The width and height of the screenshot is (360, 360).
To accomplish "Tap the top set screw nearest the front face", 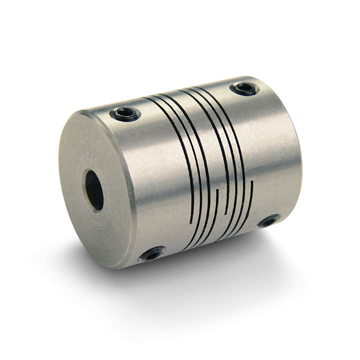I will (125, 115).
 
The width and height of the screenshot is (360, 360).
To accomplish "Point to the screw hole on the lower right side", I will (268, 221).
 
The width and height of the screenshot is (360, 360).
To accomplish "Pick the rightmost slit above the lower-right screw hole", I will (251, 197).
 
